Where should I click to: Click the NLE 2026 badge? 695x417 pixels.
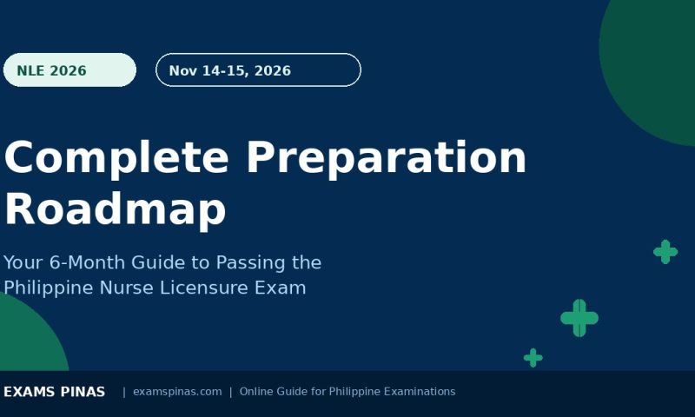point(69,70)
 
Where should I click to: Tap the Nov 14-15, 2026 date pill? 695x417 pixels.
point(258,70)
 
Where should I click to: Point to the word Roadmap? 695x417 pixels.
point(116,210)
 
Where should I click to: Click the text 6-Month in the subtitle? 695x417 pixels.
point(87,262)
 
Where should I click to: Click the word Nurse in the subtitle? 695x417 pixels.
point(126,288)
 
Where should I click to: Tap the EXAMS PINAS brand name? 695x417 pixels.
point(55,392)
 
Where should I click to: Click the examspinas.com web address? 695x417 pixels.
point(177,392)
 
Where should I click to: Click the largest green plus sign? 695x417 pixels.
point(579,318)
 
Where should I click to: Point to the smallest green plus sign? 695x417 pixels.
point(533,358)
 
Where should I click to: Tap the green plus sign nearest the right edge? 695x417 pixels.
point(665,252)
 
